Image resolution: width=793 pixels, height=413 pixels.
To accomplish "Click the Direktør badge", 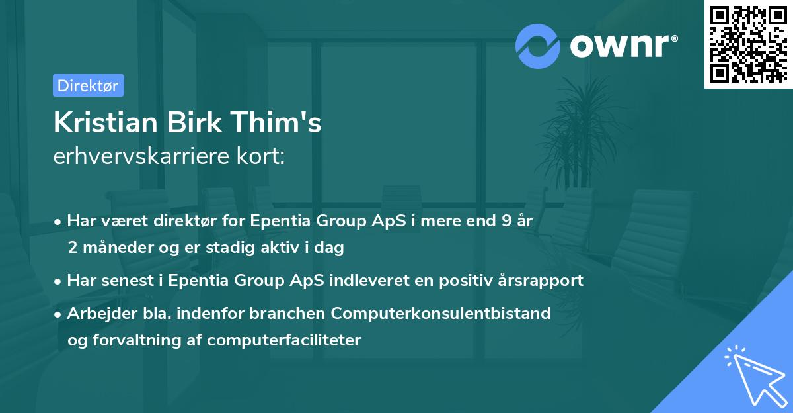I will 88,85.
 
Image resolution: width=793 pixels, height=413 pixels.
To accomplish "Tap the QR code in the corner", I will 748,44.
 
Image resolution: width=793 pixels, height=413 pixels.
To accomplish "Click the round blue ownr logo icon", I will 538,45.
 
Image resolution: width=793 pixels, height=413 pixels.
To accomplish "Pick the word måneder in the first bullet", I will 113,248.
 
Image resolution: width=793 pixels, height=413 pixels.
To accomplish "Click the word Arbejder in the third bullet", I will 96,313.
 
